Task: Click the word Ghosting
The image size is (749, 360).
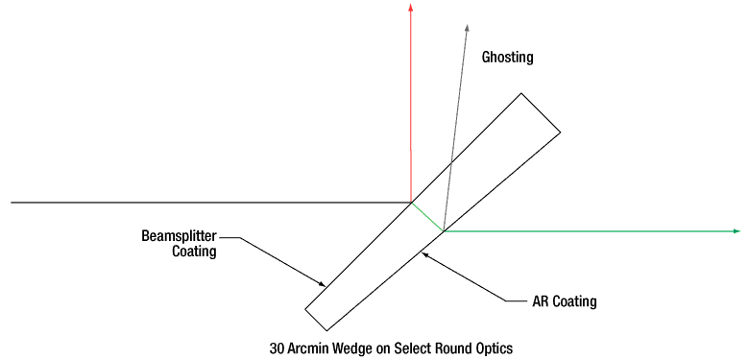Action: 507,58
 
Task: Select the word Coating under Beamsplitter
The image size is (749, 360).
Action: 194,252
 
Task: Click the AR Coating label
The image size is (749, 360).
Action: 565,301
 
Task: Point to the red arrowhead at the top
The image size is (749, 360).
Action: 411,8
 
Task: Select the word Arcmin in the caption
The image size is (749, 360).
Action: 313,348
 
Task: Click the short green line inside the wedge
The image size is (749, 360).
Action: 427,217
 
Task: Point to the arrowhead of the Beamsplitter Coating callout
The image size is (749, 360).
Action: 322,282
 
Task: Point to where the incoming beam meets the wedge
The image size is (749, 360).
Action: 411,203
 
